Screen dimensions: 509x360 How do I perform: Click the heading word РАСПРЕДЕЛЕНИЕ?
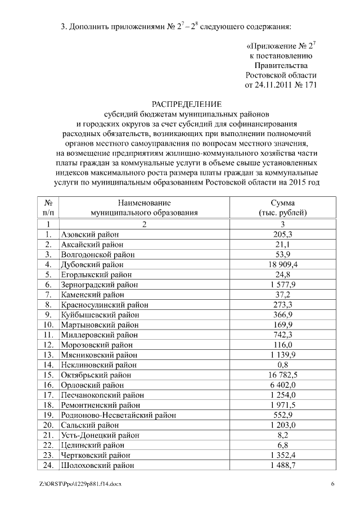click(187, 104)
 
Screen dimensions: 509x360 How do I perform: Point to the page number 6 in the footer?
click(332, 484)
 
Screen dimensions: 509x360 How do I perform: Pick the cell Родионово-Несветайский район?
click(118, 415)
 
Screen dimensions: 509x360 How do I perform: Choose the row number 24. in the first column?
click(48, 466)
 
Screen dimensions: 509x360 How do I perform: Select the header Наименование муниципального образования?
click(145, 208)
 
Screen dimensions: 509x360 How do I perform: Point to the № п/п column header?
click(48, 208)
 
